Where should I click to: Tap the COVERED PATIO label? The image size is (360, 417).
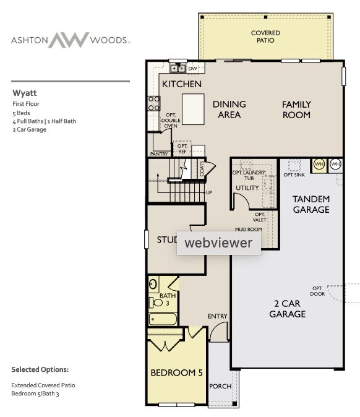pos(265,37)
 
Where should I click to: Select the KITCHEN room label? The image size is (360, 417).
pos(181,84)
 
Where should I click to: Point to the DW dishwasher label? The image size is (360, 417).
pos(192,68)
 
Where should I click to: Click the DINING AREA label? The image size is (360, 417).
pos(229,110)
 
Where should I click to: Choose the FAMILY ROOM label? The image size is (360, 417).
pos(296,110)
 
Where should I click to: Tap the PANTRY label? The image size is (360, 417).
pos(160,153)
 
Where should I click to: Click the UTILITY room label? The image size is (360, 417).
pos(247,188)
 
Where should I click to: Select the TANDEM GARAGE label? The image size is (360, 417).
pos(311,204)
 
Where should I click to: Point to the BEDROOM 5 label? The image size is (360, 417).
pos(177,373)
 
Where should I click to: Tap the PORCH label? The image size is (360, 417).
pos(220,387)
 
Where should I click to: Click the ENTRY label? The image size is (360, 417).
pos(217,316)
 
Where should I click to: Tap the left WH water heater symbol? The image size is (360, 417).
pos(319,164)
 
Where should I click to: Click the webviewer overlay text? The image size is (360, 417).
pos(218,243)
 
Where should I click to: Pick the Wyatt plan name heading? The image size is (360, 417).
pos(25,93)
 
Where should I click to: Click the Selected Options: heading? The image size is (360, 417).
pos(40,369)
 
